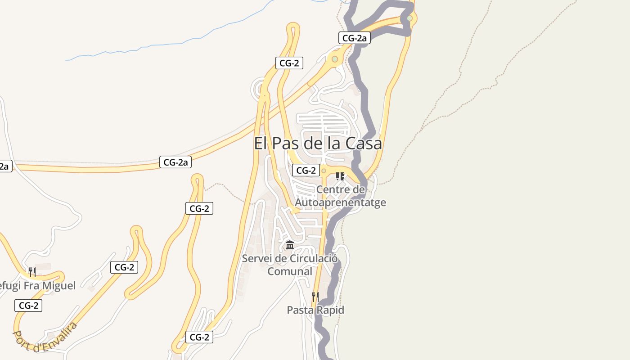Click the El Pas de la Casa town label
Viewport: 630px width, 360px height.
318,144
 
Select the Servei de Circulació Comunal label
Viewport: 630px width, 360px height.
290,265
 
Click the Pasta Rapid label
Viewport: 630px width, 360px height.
315,310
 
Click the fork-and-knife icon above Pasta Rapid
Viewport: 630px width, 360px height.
315,297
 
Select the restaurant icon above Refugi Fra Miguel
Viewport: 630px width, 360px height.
32,272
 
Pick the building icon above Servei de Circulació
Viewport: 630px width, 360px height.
290,246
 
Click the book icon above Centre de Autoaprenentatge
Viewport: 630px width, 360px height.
340,176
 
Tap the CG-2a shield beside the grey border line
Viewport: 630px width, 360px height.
355,38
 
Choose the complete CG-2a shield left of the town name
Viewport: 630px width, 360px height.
175,162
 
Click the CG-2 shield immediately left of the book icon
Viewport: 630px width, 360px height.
306,170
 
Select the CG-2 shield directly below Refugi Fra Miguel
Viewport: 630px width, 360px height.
28,306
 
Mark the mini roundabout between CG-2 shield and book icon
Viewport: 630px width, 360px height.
324,171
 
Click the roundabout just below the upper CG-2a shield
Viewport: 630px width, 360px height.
335,59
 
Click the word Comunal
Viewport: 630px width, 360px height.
290,271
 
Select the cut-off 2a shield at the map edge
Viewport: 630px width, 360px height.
4,166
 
